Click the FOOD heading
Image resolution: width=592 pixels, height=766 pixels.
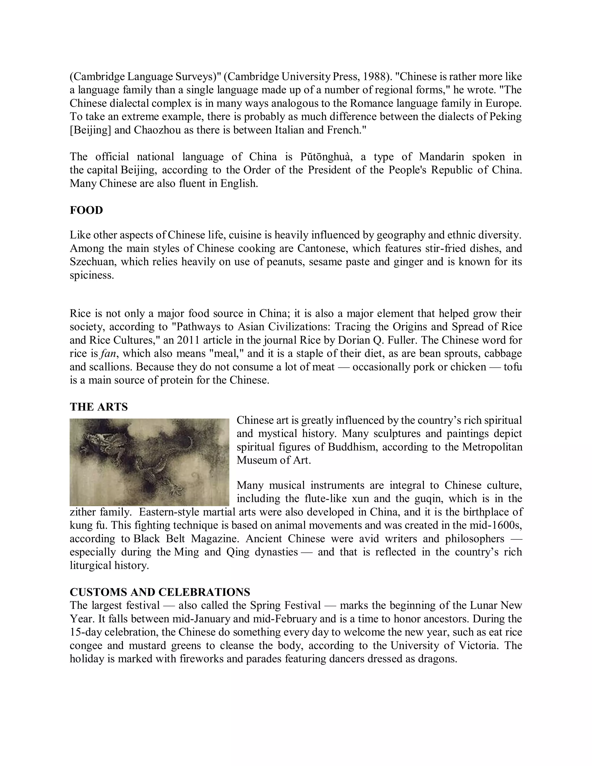tap(86, 210)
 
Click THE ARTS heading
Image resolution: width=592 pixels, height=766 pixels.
tap(99, 407)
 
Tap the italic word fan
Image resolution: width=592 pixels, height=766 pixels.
tap(108, 354)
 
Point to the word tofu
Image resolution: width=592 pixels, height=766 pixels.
tap(513, 367)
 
